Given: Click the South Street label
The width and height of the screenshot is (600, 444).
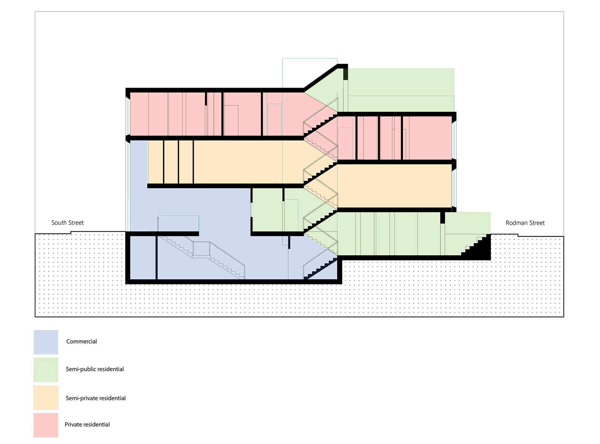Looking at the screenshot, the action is click(67, 223).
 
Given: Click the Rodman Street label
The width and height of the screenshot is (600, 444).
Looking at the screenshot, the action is click(525, 223).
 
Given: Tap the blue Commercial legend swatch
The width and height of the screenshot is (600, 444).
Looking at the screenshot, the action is click(46, 342).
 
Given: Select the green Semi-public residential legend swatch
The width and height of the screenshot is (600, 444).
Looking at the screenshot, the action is click(46, 370).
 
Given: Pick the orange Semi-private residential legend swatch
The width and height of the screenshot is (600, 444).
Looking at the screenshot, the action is click(46, 397).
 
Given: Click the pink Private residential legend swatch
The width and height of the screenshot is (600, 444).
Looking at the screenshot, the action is click(46, 425).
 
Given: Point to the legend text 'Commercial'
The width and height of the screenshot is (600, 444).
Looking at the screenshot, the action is click(81, 342).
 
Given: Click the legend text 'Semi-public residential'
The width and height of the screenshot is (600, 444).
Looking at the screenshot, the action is click(95, 369).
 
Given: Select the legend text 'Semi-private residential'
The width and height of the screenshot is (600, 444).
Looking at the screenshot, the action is click(96, 398).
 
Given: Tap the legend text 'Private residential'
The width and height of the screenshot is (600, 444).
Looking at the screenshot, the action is click(87, 425).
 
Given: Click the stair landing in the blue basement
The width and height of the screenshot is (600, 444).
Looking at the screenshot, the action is click(201, 249).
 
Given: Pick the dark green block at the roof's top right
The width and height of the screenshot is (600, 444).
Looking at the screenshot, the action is click(346, 74).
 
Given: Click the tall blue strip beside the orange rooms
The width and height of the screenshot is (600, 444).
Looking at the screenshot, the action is click(138, 175).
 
